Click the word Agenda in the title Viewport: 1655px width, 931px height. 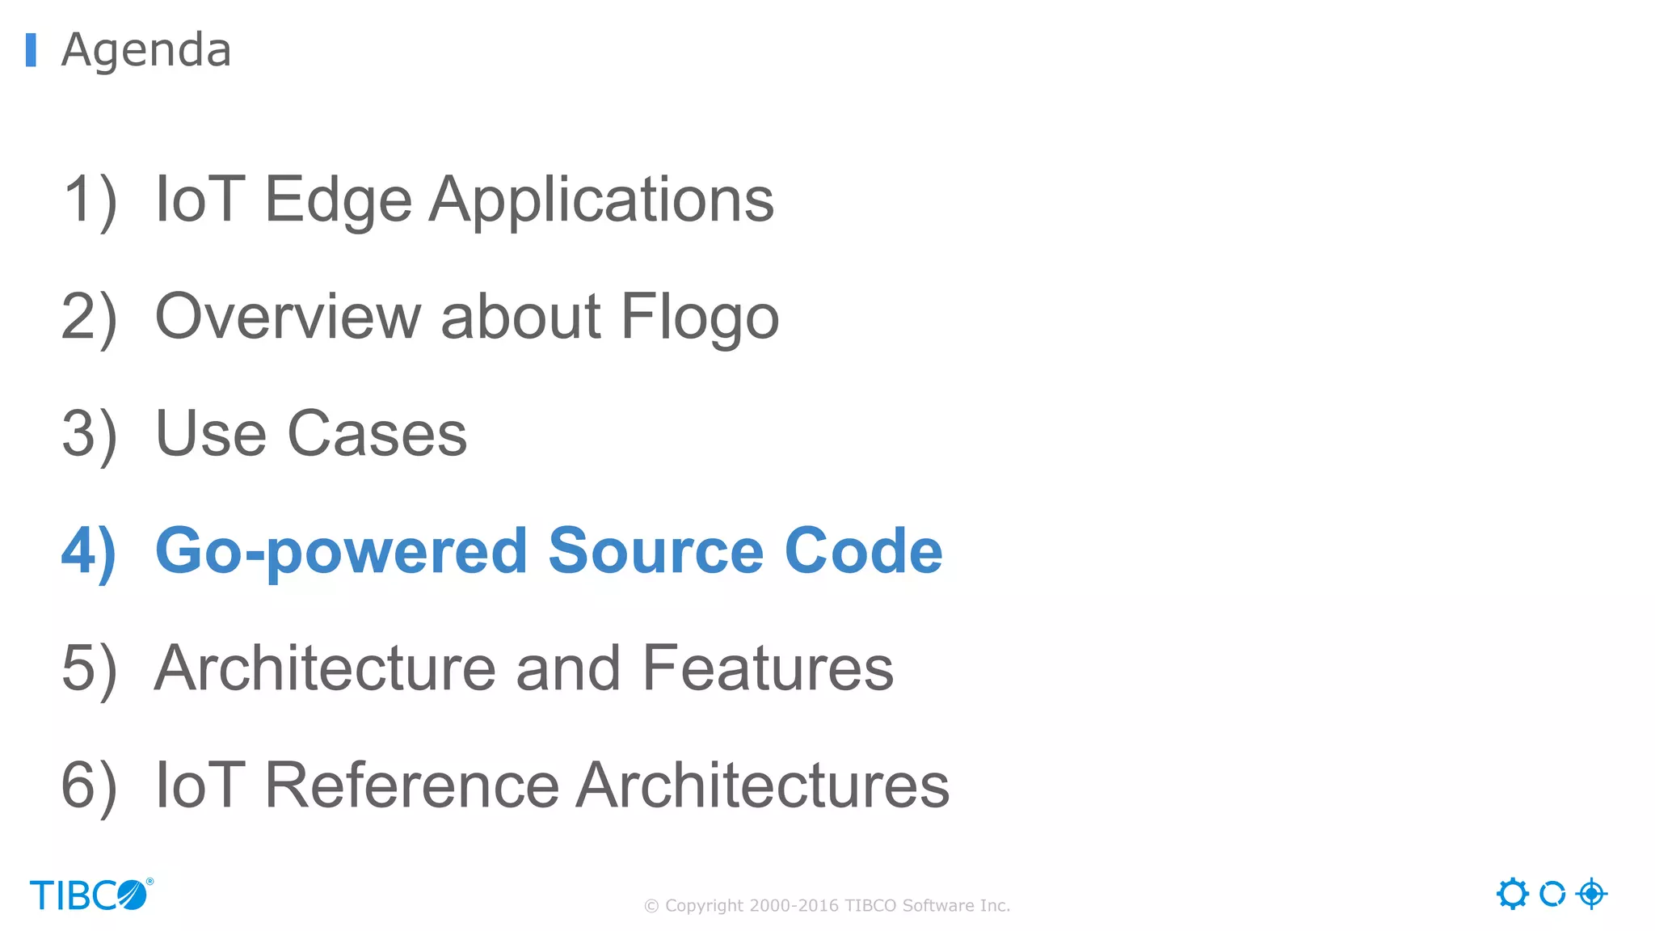coord(146,50)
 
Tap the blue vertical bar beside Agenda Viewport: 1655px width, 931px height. coord(31,50)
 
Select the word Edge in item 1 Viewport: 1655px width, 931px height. coord(338,200)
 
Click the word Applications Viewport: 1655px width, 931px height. coord(601,200)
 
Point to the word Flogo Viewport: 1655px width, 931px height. coord(700,317)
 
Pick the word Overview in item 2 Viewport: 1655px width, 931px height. coord(288,317)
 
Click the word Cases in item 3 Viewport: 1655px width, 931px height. coord(377,434)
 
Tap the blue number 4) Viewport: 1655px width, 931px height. coord(89,551)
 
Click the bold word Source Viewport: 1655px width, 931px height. coord(655,551)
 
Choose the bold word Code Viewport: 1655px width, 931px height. coord(863,551)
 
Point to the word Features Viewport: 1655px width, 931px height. coord(768,668)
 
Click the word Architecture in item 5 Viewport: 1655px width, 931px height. coord(325,668)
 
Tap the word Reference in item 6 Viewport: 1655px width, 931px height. coord(411,786)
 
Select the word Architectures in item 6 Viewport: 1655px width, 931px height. coord(763,786)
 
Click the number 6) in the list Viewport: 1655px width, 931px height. coord(89,786)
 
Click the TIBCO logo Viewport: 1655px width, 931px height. coord(91,895)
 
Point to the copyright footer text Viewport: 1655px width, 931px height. coord(827,906)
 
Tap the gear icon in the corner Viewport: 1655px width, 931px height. coord(1512,894)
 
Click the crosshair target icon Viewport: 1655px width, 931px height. coord(1591,894)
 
